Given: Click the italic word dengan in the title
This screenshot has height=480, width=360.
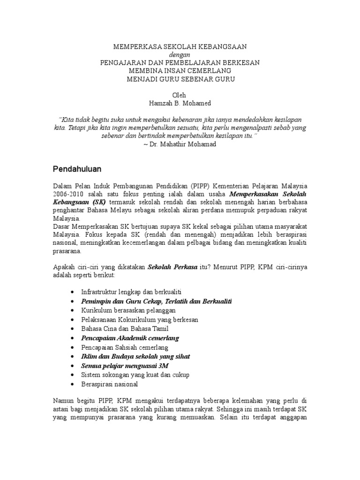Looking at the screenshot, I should coord(180,54).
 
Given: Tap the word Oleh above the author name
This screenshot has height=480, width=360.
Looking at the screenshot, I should coord(180,95).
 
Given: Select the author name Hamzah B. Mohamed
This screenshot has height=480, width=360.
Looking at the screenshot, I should coord(180,103).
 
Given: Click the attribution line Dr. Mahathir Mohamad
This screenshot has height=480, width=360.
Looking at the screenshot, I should coord(180,144).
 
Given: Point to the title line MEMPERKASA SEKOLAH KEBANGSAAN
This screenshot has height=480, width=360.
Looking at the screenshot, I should coord(180,46).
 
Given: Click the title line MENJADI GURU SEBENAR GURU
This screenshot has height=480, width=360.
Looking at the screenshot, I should coord(180,79).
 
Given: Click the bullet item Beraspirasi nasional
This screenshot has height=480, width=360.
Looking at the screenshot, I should coord(110,384).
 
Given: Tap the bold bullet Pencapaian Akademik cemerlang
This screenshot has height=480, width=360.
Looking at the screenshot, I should coord(130,337).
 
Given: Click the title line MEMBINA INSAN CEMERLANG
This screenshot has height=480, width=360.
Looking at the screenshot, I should coord(180,70).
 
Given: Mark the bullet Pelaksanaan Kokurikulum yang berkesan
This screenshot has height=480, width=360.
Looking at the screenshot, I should coord(140,319).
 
